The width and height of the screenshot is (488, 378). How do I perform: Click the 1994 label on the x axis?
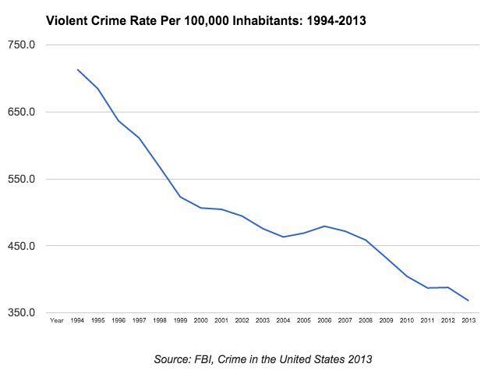pos(77,320)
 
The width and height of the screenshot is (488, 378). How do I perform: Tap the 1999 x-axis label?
pos(180,320)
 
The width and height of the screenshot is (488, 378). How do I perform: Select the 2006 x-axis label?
pos(324,320)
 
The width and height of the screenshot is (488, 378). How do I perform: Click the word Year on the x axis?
pos(56,320)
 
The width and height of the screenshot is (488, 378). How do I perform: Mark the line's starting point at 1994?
pos(77,70)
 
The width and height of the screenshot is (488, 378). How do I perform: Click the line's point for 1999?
pos(180,197)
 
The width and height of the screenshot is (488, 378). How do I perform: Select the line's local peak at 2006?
pos(324,226)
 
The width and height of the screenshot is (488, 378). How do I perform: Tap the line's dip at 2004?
pos(283,237)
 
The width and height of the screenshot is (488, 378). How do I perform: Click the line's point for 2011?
pos(427,288)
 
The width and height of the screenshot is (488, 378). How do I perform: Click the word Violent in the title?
pos(69,20)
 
